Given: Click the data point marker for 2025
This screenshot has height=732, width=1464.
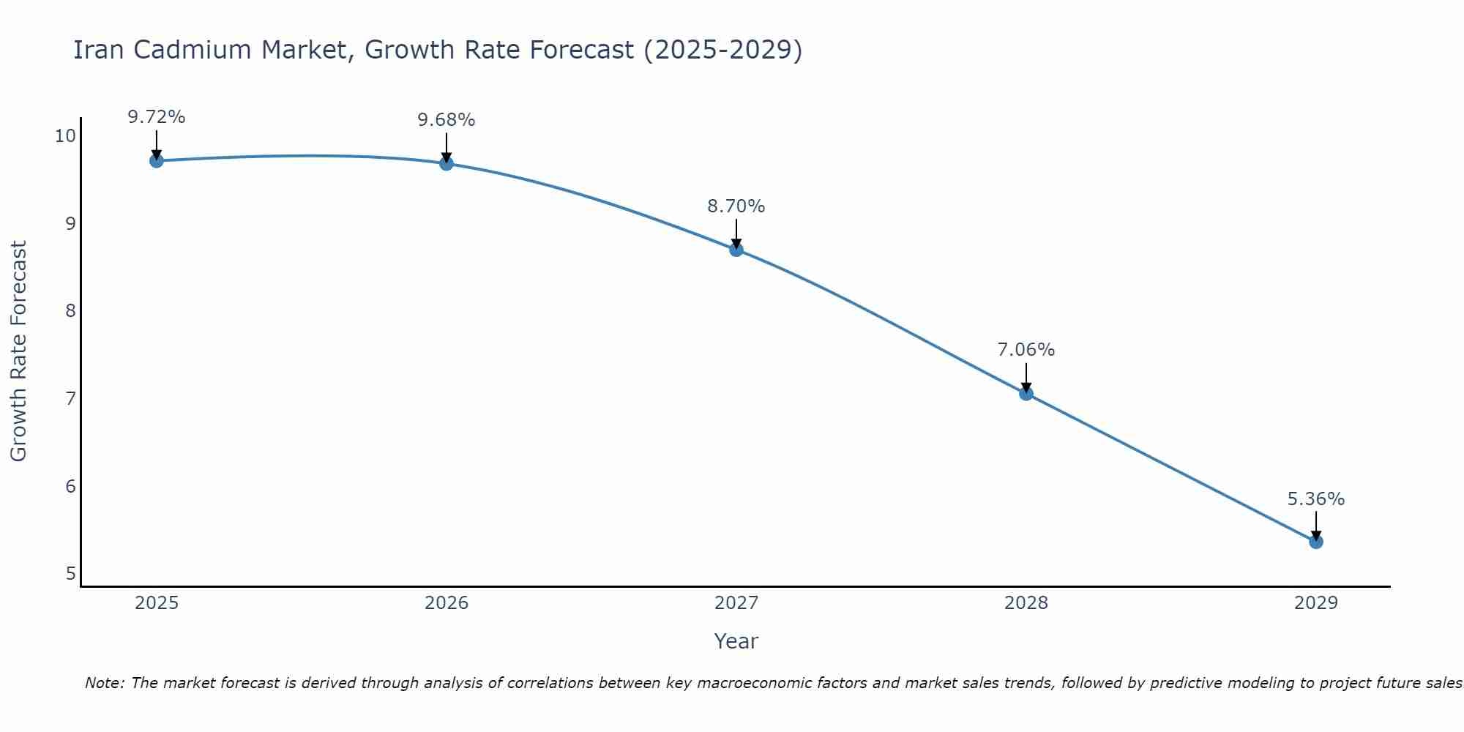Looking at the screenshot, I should [156, 160].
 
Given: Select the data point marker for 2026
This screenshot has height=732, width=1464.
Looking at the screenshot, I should [447, 163].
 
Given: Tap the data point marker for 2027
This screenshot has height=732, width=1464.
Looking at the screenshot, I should [736, 250].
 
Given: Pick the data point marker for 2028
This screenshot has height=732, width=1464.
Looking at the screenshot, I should [1026, 393].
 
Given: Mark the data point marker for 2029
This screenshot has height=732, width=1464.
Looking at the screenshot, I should [1315, 542].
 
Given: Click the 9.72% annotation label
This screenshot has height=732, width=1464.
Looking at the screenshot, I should [156, 117].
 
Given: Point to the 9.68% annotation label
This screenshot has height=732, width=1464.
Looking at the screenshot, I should [447, 120].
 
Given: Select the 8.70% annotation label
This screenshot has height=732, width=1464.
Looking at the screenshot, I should [736, 206].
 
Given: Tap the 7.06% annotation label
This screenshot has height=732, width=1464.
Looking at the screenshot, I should [1026, 350].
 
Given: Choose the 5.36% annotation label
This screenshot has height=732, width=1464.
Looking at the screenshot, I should [1315, 499].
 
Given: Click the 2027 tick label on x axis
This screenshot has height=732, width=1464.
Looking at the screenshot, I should [736, 603].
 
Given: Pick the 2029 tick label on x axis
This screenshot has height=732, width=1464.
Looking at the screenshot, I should [1315, 603].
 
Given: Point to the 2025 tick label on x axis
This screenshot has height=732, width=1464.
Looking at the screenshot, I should [157, 603].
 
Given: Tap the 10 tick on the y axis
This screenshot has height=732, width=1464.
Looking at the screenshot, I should [65, 136].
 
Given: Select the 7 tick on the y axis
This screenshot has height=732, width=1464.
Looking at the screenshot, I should [70, 399].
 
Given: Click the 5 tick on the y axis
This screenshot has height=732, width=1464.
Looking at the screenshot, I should [70, 573].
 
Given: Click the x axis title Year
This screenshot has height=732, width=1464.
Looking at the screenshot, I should [736, 641].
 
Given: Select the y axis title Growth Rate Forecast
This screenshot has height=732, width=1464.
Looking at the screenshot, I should [19, 351].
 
